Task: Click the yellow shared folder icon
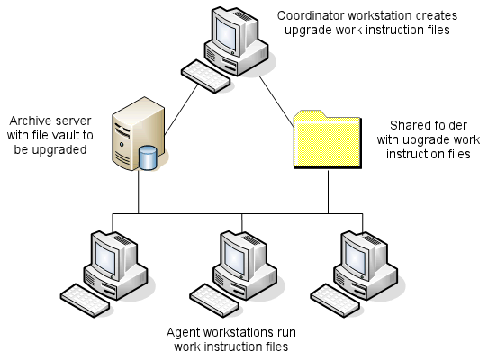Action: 328,139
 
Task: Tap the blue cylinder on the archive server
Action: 148,157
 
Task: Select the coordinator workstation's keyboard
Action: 205,76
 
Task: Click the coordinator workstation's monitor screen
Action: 227,33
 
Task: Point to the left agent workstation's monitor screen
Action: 105,257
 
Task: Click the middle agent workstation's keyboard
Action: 214,300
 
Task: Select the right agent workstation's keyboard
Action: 335,300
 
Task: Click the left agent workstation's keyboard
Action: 85,300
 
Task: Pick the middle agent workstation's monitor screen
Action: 235,257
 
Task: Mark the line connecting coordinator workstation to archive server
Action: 181,110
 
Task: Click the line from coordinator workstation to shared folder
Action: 276,102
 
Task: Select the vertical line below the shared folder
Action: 328,192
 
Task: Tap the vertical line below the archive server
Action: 138,192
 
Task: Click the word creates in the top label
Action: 439,15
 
